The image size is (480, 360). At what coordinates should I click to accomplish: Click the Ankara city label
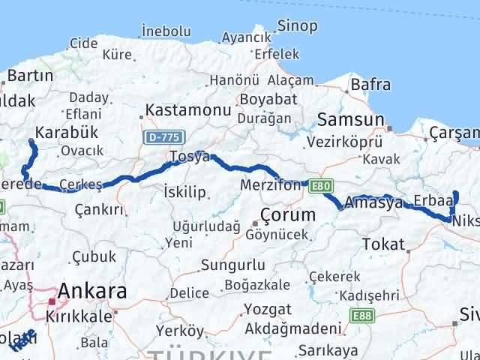(x=92, y=291)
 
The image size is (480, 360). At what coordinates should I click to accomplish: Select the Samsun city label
(x=350, y=119)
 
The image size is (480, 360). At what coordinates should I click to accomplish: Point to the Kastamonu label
(x=187, y=109)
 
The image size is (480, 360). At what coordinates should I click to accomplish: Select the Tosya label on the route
(x=190, y=156)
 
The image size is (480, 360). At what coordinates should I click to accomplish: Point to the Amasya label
(x=369, y=202)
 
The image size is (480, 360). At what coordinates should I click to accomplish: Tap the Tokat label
(x=382, y=244)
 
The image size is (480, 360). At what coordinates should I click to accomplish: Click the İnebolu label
(x=165, y=31)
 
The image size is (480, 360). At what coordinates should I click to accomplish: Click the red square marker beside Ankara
(x=52, y=301)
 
